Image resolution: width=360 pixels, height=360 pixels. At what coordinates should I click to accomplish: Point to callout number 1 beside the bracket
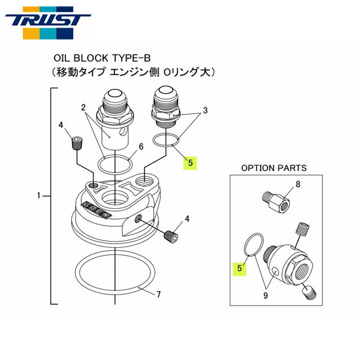[38, 196]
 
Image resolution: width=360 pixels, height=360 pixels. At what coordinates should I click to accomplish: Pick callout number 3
[205, 110]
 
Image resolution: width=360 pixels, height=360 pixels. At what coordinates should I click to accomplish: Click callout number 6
[140, 146]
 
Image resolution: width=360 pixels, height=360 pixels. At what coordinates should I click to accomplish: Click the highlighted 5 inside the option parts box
[239, 268]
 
